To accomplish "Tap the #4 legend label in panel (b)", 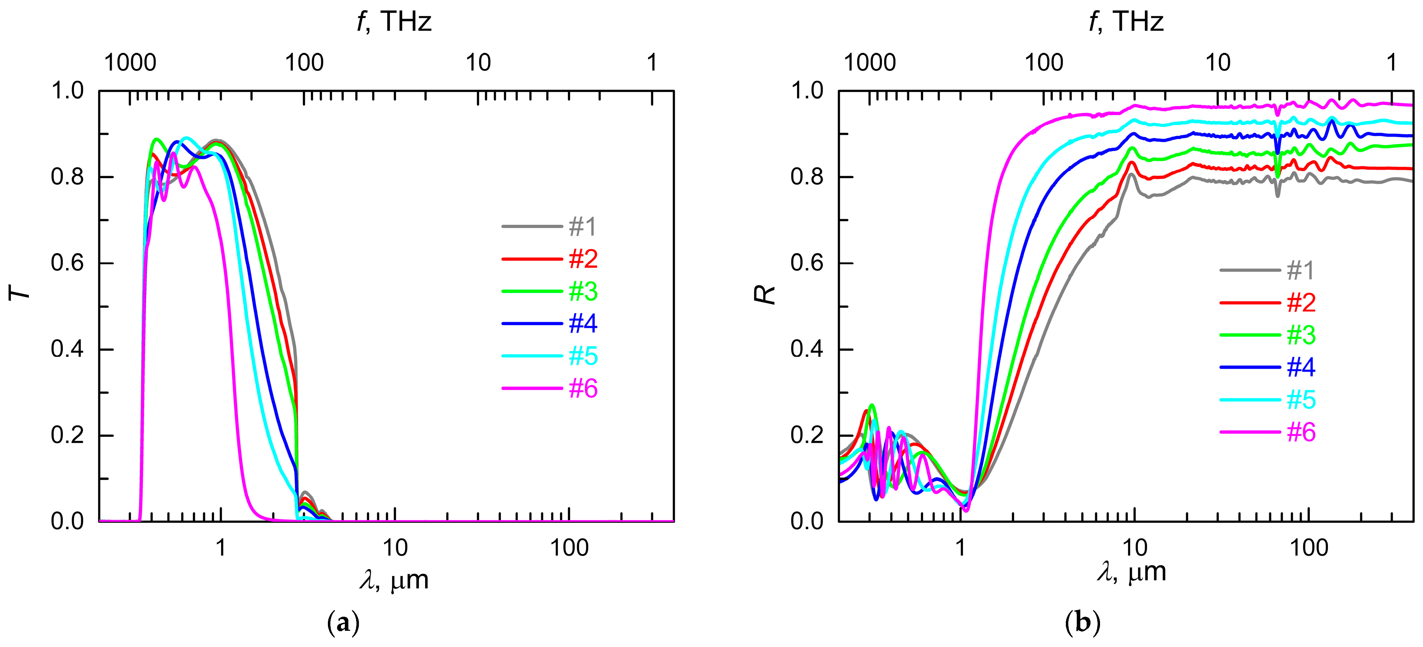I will (1301, 367).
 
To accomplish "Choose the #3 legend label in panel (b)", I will (1301, 335).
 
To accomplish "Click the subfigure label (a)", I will (344, 623).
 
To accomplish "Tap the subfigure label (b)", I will (1083, 623).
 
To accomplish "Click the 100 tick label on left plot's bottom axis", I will (569, 548).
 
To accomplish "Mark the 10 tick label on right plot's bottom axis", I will (1135, 548).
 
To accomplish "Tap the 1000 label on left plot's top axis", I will (130, 63).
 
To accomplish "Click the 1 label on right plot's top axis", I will (1392, 63).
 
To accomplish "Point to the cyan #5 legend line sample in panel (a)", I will (531, 356).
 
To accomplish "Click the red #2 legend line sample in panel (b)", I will (1250, 303).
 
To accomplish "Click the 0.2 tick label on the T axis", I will (67, 436).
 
